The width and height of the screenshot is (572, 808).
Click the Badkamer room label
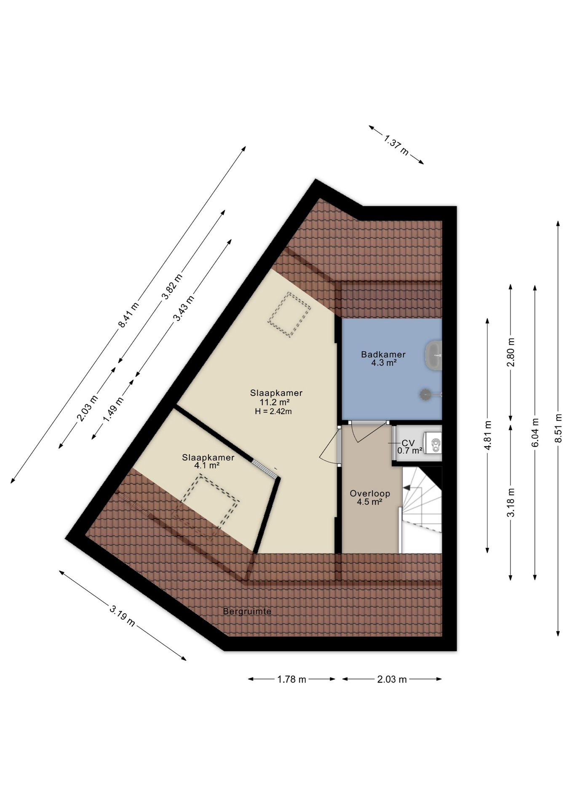[x=383, y=354]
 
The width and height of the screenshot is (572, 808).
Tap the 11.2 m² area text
[x=274, y=402]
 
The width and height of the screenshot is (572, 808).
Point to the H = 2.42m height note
[x=273, y=412]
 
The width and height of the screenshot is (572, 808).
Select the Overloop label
[x=370, y=493]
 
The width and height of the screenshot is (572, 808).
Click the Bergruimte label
[x=247, y=611]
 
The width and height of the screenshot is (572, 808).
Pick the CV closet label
[x=408, y=443]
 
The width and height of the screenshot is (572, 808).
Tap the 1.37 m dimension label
[x=396, y=144]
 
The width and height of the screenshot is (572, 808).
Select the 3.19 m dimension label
[x=122, y=616]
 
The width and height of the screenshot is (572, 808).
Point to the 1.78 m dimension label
[x=291, y=679]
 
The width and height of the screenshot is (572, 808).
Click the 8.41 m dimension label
[x=128, y=315]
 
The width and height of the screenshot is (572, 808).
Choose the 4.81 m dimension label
[x=488, y=435]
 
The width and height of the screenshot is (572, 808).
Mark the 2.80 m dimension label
[x=511, y=352]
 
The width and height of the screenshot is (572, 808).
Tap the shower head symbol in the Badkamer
[x=425, y=394]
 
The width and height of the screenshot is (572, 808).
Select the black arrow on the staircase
[x=408, y=487]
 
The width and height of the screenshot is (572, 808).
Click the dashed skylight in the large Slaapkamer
[x=289, y=314]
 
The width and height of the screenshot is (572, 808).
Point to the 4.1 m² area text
[x=207, y=465]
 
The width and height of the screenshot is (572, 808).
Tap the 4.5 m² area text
[x=369, y=502]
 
